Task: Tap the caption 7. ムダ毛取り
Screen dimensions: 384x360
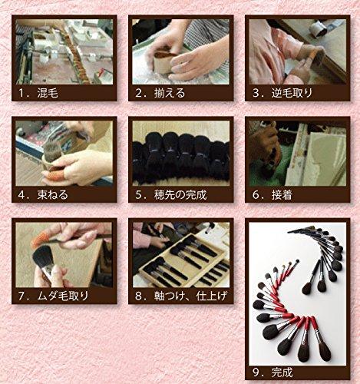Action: pos(54,294)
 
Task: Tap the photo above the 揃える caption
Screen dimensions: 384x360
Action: pos(180,51)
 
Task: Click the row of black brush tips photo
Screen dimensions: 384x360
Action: pos(180,154)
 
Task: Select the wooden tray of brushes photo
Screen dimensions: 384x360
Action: pos(180,254)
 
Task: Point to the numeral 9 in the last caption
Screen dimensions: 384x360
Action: pos(256,372)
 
